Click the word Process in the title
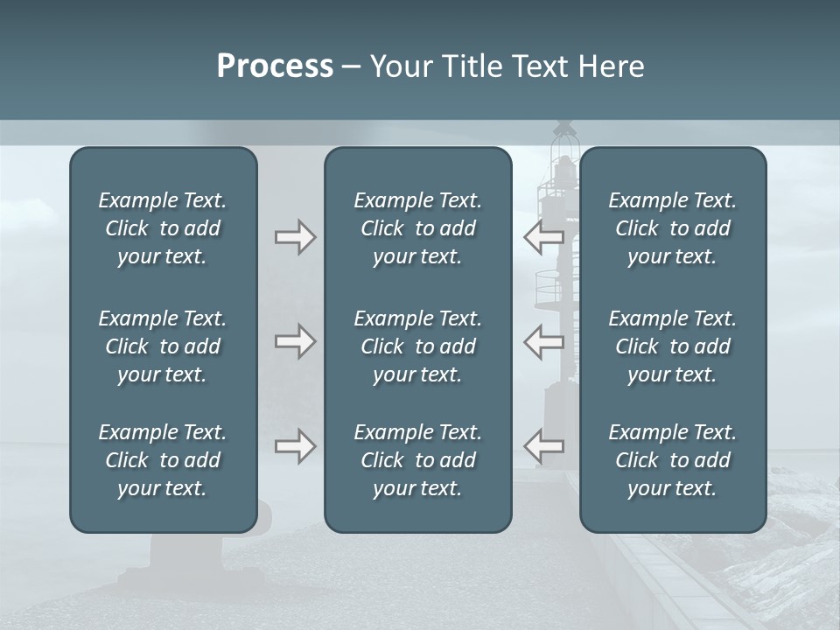coord(275,66)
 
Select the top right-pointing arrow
coord(295,237)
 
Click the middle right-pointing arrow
coord(295,341)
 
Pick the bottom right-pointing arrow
coord(295,446)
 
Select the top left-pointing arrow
coord(543,236)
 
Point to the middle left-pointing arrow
coord(543,340)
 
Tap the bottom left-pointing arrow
coord(543,446)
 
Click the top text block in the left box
coord(163,228)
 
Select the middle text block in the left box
coord(163,346)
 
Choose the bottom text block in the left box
coord(163,460)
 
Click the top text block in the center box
coord(417,228)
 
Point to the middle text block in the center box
coord(417,346)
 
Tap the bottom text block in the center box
coord(417,460)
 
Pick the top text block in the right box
coord(672,228)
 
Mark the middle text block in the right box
coord(672,346)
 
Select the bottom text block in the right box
coord(672,460)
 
